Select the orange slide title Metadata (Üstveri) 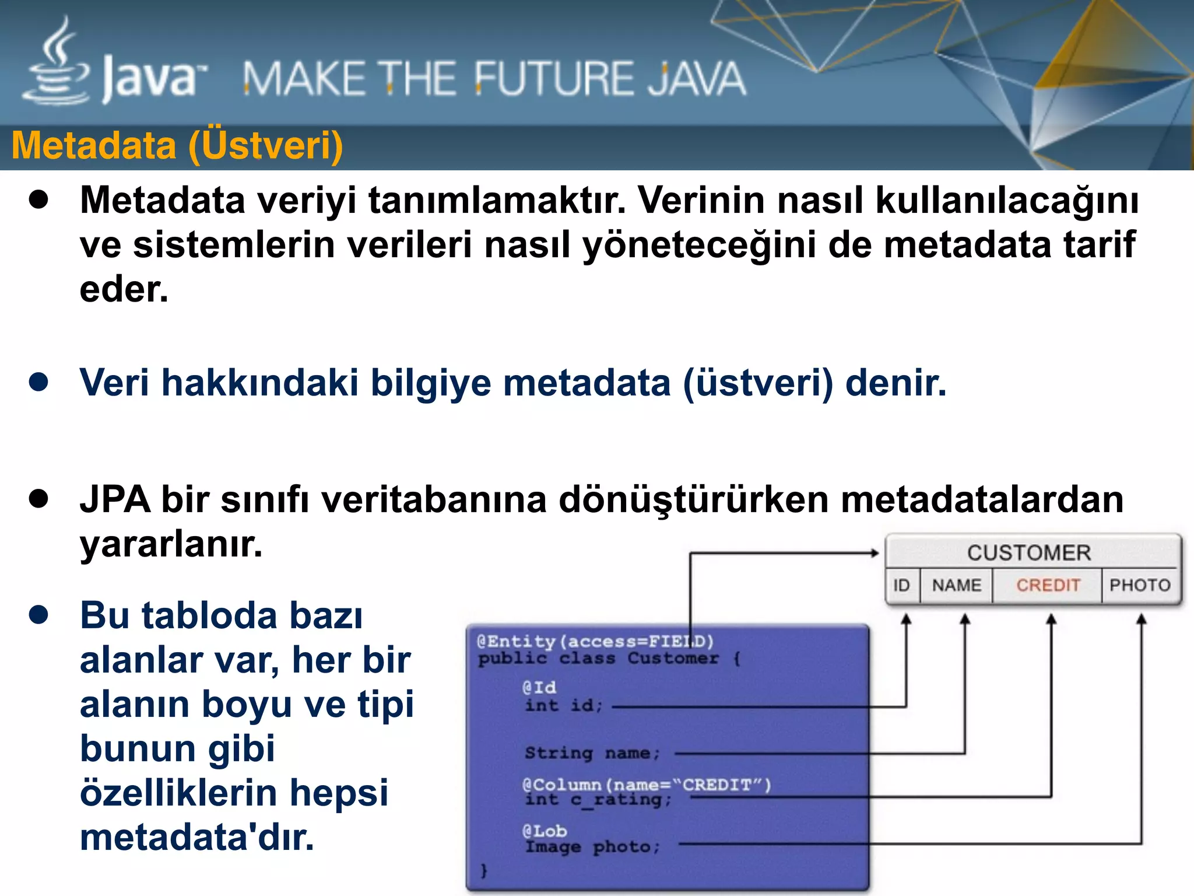(x=177, y=146)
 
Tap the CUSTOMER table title (x=1029, y=552)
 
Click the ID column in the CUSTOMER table (x=901, y=585)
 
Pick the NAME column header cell (x=956, y=585)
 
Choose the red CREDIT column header (x=1048, y=585)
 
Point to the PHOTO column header (x=1140, y=585)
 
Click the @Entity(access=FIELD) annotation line (x=595, y=642)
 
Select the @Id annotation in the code (x=539, y=687)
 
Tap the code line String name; (x=592, y=753)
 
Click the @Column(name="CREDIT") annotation (x=646, y=785)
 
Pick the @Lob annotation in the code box (x=545, y=831)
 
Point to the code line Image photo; (x=592, y=846)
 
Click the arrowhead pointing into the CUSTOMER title (x=875, y=553)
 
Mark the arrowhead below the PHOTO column (x=1142, y=619)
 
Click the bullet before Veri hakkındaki (x=38, y=383)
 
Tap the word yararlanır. (x=171, y=544)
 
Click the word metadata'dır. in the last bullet (x=196, y=838)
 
